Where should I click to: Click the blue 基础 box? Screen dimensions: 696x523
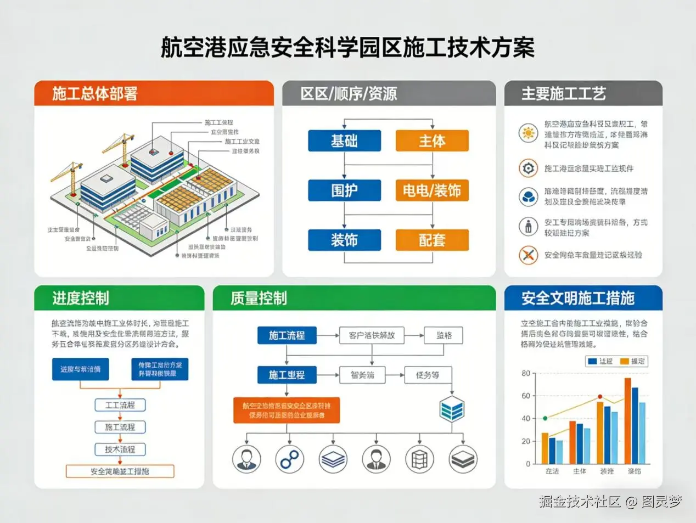pos(344,141)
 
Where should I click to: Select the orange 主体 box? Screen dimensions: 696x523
pos(432,141)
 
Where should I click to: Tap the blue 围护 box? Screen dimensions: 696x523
pos(344,190)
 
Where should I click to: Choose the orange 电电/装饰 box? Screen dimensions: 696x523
pos(432,190)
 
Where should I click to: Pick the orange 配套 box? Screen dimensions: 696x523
pos(432,240)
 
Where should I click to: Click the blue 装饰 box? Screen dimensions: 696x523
pos(344,240)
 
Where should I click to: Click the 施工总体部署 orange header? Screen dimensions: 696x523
pos(154,93)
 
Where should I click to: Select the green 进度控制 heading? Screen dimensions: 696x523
pos(119,298)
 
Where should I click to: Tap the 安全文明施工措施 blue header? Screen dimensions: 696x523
pos(583,298)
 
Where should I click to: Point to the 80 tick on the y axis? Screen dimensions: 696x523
pos(526,373)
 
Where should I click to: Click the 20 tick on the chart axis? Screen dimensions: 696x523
pos(526,441)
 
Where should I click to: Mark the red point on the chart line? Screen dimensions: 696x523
pos(600,396)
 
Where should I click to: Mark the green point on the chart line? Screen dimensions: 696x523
pos(545,418)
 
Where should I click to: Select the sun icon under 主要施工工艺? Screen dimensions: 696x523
pos(528,133)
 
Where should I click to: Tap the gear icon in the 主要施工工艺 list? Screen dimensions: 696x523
pos(528,168)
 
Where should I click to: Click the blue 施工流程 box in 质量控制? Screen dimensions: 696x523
pos(287,335)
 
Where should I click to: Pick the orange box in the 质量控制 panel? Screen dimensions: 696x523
pos(287,410)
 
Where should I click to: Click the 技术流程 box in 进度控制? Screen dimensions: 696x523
pos(120,449)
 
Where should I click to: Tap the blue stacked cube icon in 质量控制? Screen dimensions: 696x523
pos(452,409)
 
